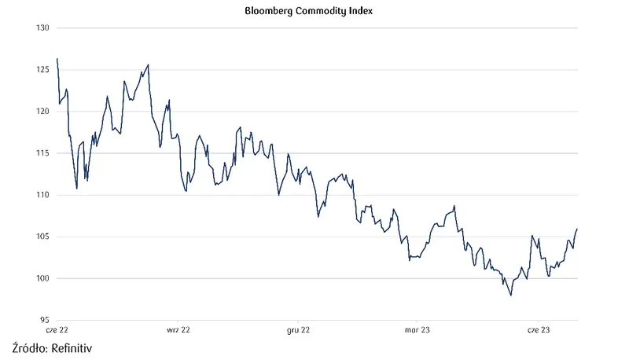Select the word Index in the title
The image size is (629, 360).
(x=358, y=13)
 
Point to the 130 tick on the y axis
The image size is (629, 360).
(x=42, y=28)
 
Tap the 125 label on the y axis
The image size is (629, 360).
(x=42, y=70)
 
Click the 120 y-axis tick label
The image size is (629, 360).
(x=42, y=112)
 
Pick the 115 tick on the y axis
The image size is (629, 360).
(x=42, y=153)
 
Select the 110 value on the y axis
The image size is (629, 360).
(x=42, y=195)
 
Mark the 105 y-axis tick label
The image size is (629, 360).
(x=42, y=237)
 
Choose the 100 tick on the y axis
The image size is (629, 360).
(x=42, y=278)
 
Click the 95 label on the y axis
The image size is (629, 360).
(x=44, y=320)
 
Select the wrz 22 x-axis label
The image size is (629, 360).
(x=178, y=331)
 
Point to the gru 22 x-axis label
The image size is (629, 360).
(x=300, y=331)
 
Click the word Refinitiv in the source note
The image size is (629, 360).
(x=77, y=347)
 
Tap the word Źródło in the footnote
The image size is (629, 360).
(x=29, y=347)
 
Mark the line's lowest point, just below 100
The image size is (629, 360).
(x=511, y=296)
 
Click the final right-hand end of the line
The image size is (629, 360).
(x=577, y=229)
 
